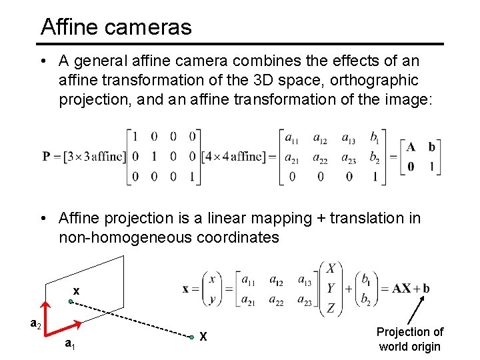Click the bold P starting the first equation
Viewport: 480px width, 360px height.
click(x=47, y=157)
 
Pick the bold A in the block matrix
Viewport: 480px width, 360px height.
click(x=411, y=147)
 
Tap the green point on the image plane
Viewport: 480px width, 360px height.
click(x=71, y=302)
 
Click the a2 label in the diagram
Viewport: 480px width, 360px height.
click(x=37, y=325)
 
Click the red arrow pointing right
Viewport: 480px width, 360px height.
click(x=66, y=327)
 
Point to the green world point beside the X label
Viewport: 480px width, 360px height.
click(x=191, y=337)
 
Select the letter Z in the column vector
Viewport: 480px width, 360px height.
click(x=331, y=307)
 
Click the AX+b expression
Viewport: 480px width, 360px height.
click(x=411, y=289)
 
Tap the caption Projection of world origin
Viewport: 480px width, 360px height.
click(x=409, y=339)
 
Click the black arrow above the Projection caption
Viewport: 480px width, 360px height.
click(x=417, y=311)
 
